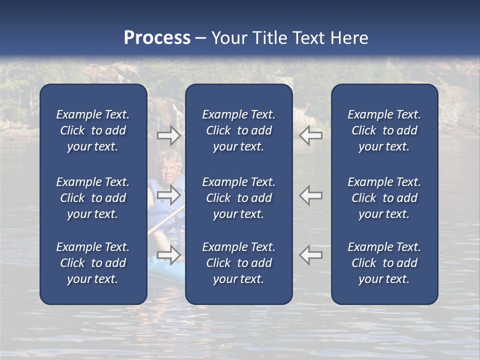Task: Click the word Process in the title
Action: (157, 38)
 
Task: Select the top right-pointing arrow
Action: (169, 135)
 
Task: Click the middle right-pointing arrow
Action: (169, 195)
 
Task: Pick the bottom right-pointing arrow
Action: (169, 254)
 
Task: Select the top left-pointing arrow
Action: (311, 135)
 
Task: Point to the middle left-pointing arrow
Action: (311, 195)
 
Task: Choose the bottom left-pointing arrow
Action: (311, 254)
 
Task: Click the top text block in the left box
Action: (93, 130)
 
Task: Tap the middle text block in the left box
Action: (93, 198)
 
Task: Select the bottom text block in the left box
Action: (93, 263)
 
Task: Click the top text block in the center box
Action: (238, 130)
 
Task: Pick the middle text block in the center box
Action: (238, 198)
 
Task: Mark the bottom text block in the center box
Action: (238, 263)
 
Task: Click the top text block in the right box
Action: (384, 130)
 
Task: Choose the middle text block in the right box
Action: (384, 198)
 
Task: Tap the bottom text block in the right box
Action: (384, 263)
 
